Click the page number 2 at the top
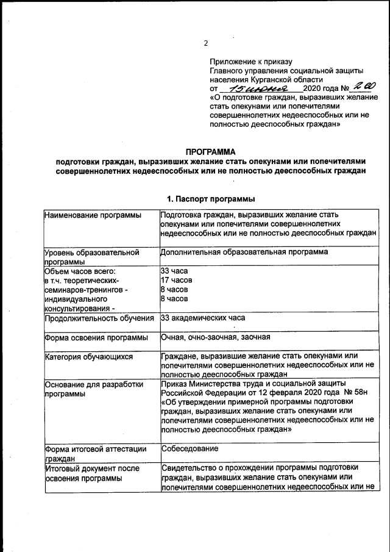[206, 43]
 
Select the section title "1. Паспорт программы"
[211, 199]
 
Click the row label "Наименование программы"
[90, 215]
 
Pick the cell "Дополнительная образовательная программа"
[244, 251]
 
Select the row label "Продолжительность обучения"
[99, 318]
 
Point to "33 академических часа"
[203, 318]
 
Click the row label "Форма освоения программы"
[96, 338]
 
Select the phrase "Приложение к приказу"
[251, 61]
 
